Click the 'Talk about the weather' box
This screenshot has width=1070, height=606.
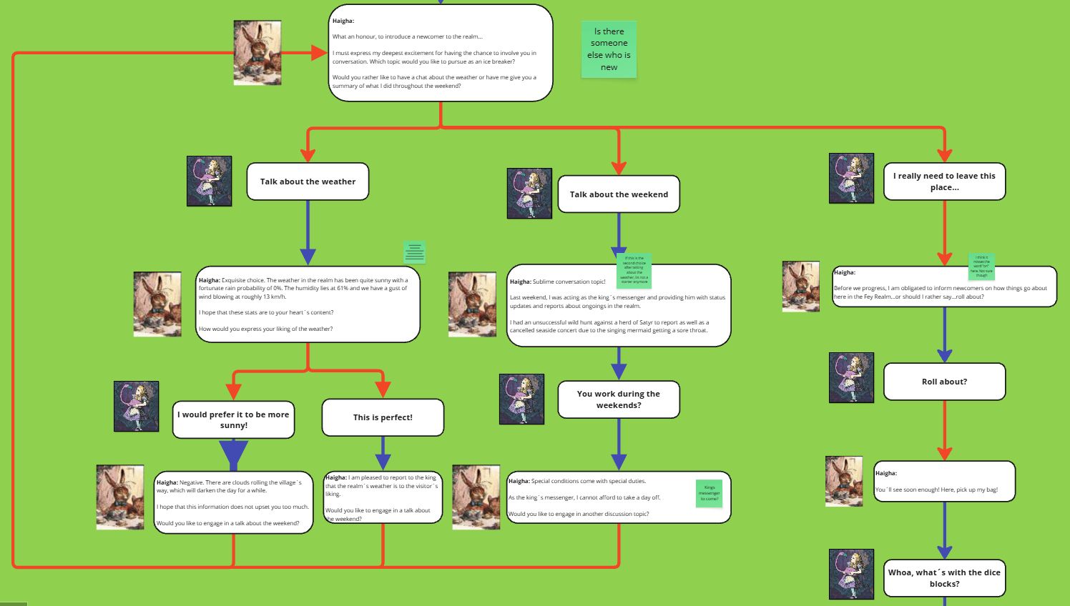pyautogui.click(x=308, y=182)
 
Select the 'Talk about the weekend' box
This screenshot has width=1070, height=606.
pyautogui.click(x=619, y=194)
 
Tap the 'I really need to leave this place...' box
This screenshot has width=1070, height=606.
pyautogui.click(x=944, y=182)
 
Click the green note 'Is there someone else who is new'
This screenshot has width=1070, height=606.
pyautogui.click(x=609, y=49)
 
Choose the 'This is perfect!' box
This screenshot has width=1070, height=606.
pyautogui.click(x=383, y=417)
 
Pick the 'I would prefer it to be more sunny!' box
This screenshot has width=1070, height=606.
pyautogui.click(x=233, y=419)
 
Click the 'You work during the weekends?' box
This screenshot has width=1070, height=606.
pyautogui.click(x=619, y=399)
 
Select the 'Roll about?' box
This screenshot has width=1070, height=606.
pyautogui.click(x=944, y=382)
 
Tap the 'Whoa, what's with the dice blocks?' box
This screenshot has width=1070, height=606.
pyautogui.click(x=944, y=578)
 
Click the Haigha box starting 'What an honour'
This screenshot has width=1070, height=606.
pyautogui.click(x=440, y=54)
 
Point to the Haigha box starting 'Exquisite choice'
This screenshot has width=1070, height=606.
pyautogui.click(x=308, y=305)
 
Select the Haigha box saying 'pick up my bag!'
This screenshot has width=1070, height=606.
pyautogui.click(x=944, y=482)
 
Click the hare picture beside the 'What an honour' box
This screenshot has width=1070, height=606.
pyautogui.click(x=257, y=53)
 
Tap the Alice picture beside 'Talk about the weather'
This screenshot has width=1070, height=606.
pyautogui.click(x=209, y=182)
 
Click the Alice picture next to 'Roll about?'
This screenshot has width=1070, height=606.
pyautogui.click(x=851, y=377)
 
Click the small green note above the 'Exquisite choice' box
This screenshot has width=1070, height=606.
pyautogui.click(x=414, y=252)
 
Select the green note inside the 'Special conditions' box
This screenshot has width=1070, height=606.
pyautogui.click(x=709, y=493)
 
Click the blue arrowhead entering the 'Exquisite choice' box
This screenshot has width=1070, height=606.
pyautogui.click(x=308, y=257)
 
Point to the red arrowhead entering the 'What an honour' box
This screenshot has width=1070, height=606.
pyautogui.click(x=319, y=53)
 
